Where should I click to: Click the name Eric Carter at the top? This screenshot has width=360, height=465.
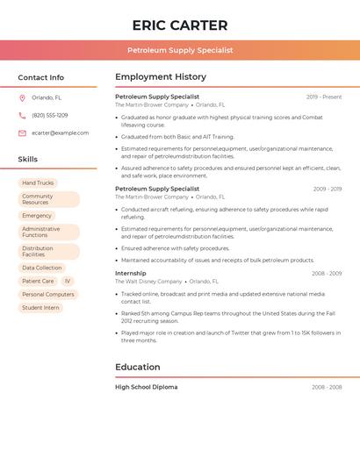tap(180, 25)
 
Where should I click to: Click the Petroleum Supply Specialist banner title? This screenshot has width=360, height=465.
tap(180, 50)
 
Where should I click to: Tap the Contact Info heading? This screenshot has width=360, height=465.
tap(41, 77)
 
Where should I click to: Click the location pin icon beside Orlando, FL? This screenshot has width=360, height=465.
tap(22, 98)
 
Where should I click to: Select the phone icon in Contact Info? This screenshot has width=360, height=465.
tap(22, 116)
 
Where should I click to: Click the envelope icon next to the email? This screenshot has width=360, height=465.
tap(22, 133)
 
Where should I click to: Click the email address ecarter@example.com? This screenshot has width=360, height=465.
tap(61, 133)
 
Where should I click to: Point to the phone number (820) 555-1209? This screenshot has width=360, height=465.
tap(50, 116)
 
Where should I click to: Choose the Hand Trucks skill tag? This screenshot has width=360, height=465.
tap(38, 182)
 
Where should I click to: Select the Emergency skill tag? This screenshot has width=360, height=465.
tap(37, 216)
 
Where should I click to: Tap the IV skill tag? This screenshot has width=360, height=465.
tap(68, 282)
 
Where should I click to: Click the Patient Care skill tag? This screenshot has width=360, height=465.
tap(38, 282)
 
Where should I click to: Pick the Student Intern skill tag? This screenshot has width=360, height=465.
tap(40, 308)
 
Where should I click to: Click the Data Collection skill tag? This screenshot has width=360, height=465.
tap(42, 268)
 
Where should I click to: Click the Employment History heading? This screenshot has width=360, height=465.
tap(161, 77)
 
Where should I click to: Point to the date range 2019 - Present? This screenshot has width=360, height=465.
tap(324, 97)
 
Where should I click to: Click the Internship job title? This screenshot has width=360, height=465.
tap(131, 273)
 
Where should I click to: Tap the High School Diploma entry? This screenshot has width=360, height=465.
tap(146, 387)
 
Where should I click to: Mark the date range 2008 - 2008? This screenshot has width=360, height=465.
tap(327, 387)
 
